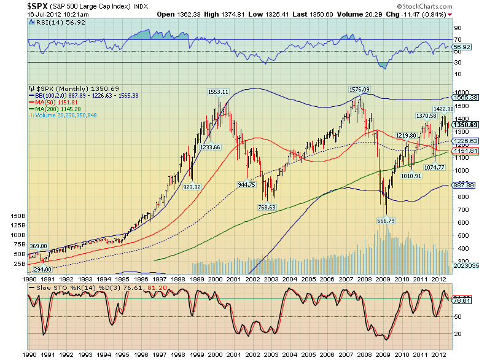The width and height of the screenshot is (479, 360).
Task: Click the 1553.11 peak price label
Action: coord(218,92)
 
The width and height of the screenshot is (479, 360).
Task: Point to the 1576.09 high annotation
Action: coord(359,89)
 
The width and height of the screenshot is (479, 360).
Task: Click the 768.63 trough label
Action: coord(266,208)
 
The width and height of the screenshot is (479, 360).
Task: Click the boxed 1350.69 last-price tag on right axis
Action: coord(465,125)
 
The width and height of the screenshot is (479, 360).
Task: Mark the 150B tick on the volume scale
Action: coord(18,216)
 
